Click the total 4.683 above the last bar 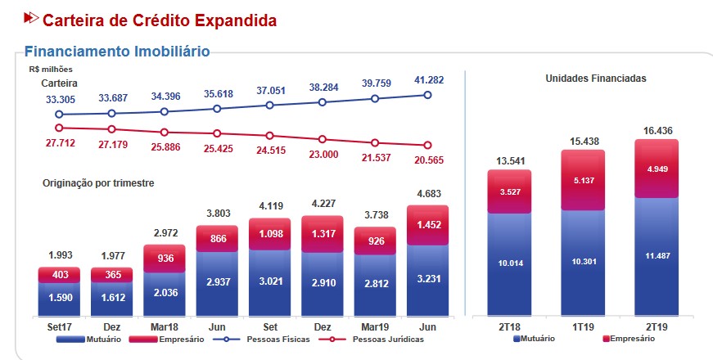(x=427, y=195)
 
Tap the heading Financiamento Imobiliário (x=117, y=52)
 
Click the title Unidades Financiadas (x=595, y=79)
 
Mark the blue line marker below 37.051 (x=269, y=105)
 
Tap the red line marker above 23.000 (x=323, y=139)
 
